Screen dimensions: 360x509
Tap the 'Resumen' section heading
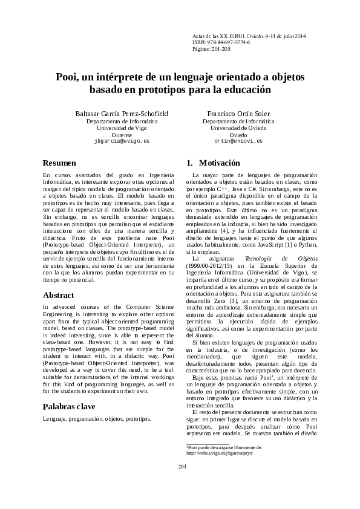click(59, 163)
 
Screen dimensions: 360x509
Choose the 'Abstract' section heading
click(59, 296)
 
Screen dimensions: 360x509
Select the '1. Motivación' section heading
click(205, 163)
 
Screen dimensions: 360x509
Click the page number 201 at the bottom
click(180, 483)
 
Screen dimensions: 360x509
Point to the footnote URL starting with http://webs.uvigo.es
click(219, 468)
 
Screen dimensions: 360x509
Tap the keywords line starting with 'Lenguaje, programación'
click(97, 402)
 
